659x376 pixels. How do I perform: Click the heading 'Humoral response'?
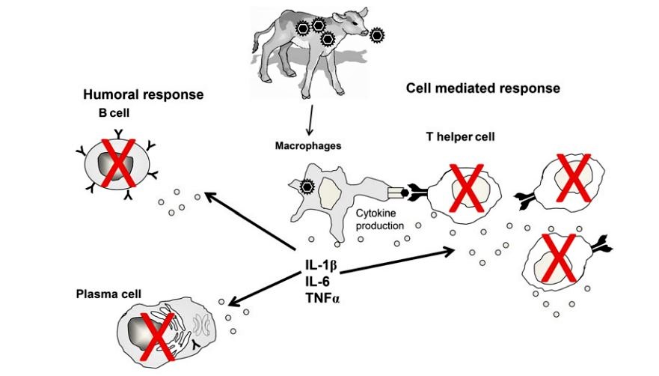[x=143, y=95]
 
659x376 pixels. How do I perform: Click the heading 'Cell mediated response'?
[x=482, y=88]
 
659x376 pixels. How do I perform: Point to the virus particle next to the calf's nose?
[x=378, y=34]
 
